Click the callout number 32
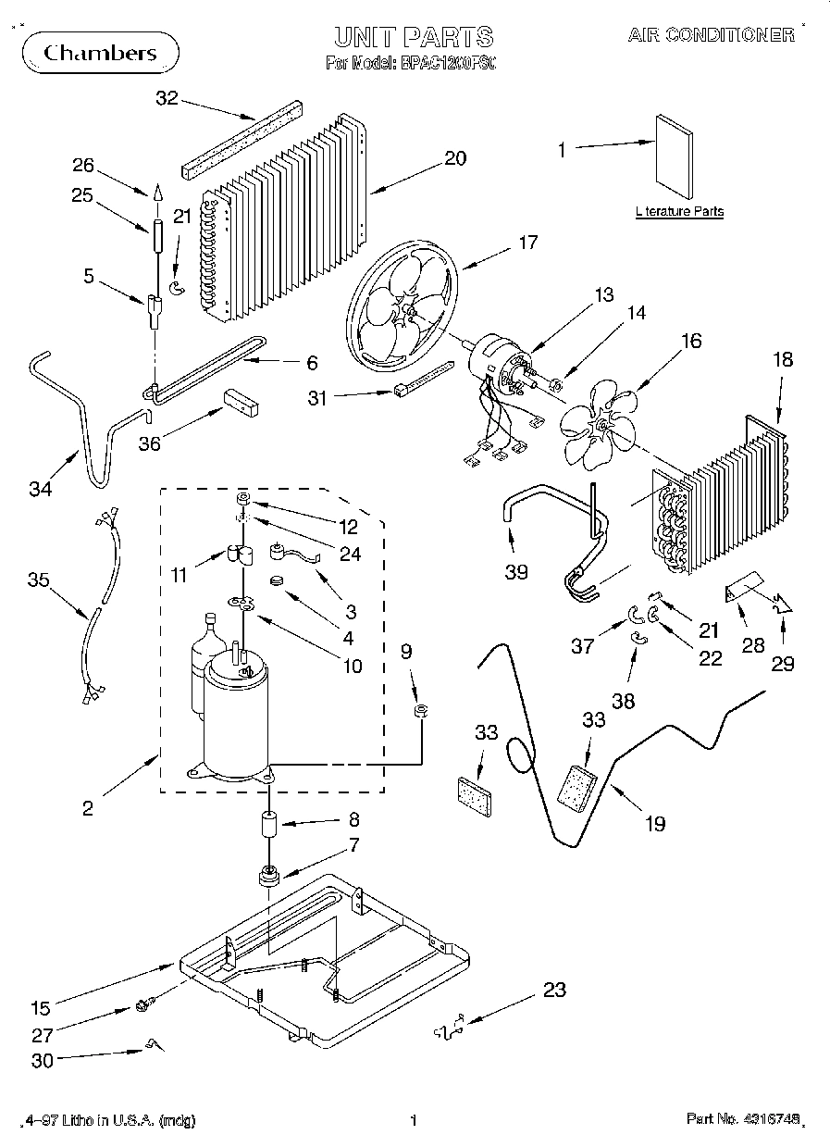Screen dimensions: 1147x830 click(167, 98)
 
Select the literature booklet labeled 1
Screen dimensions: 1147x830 click(674, 156)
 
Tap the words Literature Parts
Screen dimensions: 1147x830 click(680, 212)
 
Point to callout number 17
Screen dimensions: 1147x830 click(527, 243)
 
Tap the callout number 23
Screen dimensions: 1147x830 click(554, 991)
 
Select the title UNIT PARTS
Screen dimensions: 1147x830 click(414, 37)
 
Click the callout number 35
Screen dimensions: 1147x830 click(38, 580)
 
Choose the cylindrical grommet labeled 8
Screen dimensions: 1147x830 click(268, 823)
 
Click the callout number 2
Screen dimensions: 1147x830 click(88, 808)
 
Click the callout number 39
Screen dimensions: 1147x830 click(516, 571)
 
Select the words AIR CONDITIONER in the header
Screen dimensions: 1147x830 click(711, 35)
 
